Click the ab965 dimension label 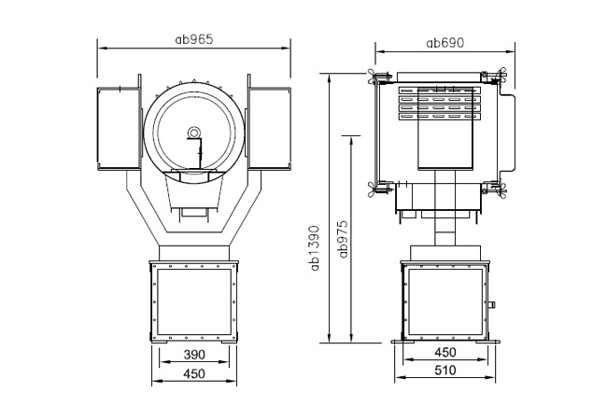[194, 39]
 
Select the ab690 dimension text [445, 43]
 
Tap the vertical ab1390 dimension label [316, 248]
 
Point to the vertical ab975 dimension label [343, 239]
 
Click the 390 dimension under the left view [194, 355]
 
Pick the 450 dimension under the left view [194, 373]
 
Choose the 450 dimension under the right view [445, 352]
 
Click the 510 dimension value [445, 371]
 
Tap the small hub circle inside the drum [193, 133]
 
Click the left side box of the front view [118, 129]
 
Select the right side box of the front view [269, 129]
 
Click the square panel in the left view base [194, 302]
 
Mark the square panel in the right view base [445, 302]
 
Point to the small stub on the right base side [492, 305]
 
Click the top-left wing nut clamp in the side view [377, 77]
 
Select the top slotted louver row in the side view [440, 91]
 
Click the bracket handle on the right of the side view [507, 132]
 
